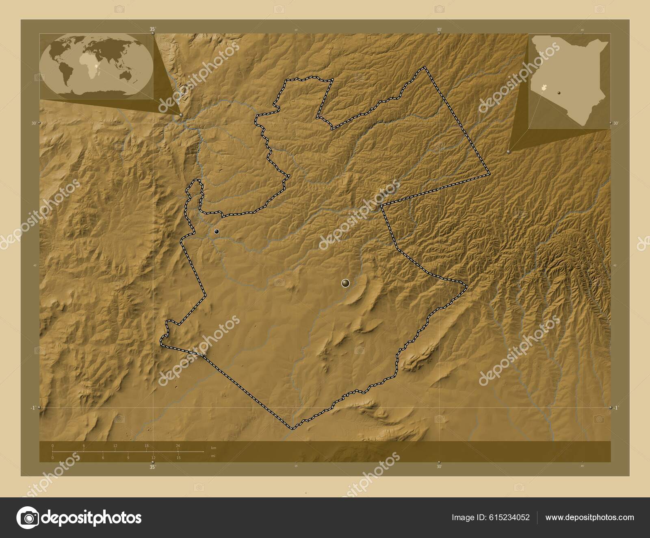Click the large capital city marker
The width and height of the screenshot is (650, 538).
coord(345,283)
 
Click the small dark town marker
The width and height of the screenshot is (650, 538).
coord(217,231)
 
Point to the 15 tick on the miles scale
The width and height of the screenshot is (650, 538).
coord(178,457)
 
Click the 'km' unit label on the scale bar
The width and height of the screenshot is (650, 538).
coord(214,447)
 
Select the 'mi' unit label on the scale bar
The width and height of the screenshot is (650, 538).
coord(213,456)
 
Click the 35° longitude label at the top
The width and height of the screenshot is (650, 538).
coord(152,29)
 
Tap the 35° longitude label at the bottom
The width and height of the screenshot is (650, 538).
coord(152,467)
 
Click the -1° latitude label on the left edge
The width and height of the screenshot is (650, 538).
coord(32,408)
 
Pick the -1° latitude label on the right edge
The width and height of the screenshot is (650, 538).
coord(616,408)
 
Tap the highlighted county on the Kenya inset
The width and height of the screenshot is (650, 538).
coord(544,87)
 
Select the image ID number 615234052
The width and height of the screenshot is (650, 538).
coord(510,517)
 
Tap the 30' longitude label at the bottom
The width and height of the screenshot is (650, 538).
coord(439,467)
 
